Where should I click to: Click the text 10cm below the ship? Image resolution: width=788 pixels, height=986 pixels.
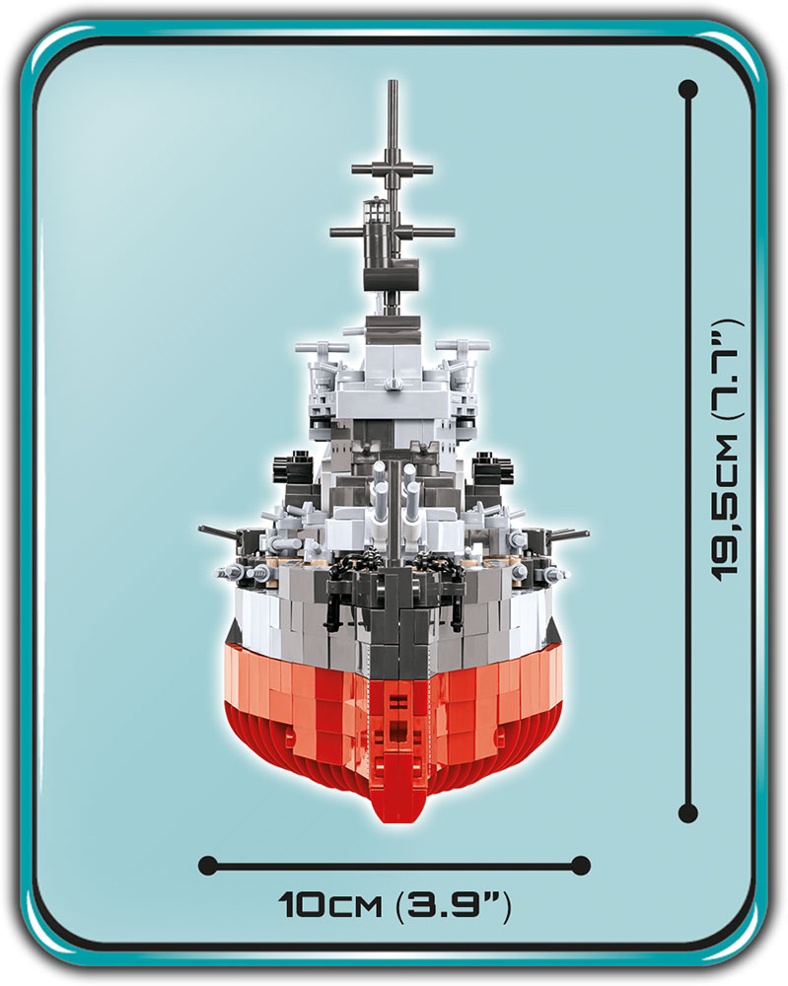click(330, 906)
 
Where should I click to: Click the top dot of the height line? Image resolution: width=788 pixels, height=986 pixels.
click(688, 90)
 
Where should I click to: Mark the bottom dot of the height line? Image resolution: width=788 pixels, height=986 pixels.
click(688, 812)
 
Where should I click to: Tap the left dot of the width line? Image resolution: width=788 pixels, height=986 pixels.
click(207, 865)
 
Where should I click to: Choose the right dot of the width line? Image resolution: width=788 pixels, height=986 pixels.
click(581, 865)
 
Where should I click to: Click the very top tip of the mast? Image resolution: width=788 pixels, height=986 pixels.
click(394, 81)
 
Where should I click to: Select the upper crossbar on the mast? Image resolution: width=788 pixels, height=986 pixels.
click(393, 170)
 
